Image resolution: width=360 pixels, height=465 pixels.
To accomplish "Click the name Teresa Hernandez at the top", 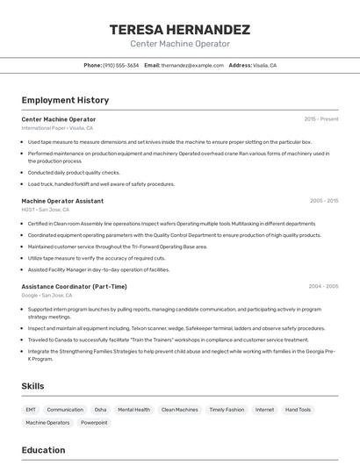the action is tap(180, 29).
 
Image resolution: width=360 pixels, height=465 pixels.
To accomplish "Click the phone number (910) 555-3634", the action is tap(120, 65).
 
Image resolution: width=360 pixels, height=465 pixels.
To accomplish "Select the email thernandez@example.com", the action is tap(191, 65).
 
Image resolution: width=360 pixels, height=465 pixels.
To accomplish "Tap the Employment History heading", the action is tap(65, 100).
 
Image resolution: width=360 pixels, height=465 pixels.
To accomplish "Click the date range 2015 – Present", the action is tap(320, 119).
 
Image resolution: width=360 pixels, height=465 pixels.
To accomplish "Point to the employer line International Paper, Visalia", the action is tap(57, 128).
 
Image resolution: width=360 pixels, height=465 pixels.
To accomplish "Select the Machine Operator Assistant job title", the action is tap(62, 201).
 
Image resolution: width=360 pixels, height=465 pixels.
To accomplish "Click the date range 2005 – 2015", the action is tap(323, 201).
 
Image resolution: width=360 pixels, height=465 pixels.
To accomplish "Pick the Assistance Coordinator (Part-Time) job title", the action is tap(74, 286).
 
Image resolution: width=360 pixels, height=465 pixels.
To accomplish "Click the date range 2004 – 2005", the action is tap(323, 286).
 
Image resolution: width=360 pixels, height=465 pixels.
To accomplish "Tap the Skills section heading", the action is tap(33, 386).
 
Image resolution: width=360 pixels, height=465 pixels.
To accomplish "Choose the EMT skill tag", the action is tap(31, 410).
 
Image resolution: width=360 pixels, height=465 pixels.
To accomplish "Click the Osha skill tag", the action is tap(100, 410).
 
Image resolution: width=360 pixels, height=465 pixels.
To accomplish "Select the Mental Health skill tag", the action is tap(133, 410).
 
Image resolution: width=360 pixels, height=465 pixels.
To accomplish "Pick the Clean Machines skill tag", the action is tap(179, 410).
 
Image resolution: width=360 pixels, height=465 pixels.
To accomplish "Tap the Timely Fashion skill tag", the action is tap(227, 410).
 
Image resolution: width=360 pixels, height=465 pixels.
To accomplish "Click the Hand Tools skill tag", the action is tap(298, 410).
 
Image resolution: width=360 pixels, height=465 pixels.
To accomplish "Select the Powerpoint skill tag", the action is tap(94, 423).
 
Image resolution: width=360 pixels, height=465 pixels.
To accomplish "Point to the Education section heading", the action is tap(43, 450).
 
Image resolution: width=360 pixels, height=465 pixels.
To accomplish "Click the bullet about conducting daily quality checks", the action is tap(74, 173).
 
